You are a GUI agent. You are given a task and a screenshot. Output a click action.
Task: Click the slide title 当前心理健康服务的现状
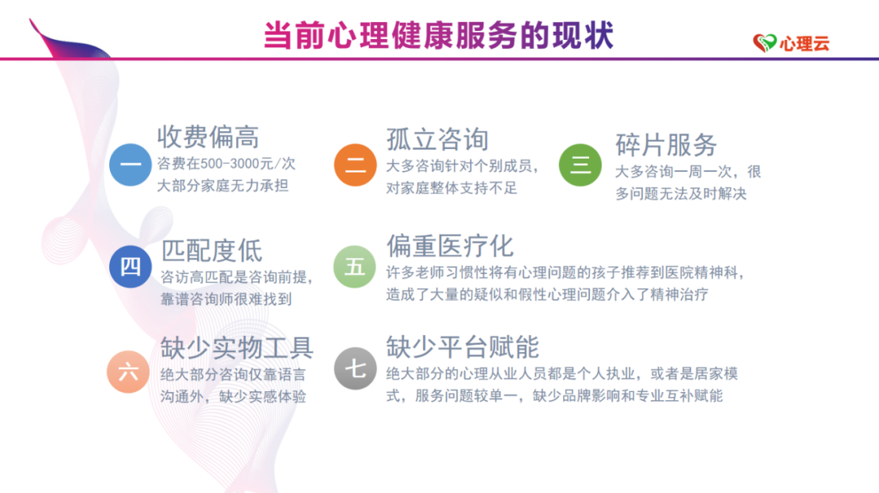[x=439, y=36]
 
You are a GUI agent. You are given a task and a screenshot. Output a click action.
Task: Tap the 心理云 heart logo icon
[x=764, y=42]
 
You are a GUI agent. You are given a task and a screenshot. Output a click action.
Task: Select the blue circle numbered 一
[x=130, y=164]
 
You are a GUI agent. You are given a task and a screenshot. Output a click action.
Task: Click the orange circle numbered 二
[x=355, y=164]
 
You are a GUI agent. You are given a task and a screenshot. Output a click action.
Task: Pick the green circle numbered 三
[x=580, y=164]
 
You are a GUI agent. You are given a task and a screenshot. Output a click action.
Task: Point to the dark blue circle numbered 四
[x=130, y=267]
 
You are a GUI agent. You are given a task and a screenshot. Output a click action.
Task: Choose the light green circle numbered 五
[x=355, y=267]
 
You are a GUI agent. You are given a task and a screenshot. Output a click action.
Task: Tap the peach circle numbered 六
[x=128, y=372]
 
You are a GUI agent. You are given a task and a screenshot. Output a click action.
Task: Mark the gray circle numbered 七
[x=355, y=369]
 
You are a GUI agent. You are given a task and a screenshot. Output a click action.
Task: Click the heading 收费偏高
[x=208, y=137]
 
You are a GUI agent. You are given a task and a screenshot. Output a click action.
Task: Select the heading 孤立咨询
[x=437, y=139]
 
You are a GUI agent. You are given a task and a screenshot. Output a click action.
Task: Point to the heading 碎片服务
[x=666, y=145]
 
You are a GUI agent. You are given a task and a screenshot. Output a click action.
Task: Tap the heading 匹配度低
[x=212, y=251]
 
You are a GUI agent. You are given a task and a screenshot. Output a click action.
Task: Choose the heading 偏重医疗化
[x=449, y=246]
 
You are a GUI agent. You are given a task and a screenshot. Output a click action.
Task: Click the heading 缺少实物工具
[x=237, y=348]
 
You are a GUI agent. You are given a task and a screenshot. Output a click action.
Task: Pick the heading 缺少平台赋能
[x=462, y=347]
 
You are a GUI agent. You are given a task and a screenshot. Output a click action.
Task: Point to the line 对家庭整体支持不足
[x=451, y=188]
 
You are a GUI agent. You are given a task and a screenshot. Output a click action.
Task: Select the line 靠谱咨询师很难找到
[x=226, y=299]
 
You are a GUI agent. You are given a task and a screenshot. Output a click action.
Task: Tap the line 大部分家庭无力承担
[x=222, y=185]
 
